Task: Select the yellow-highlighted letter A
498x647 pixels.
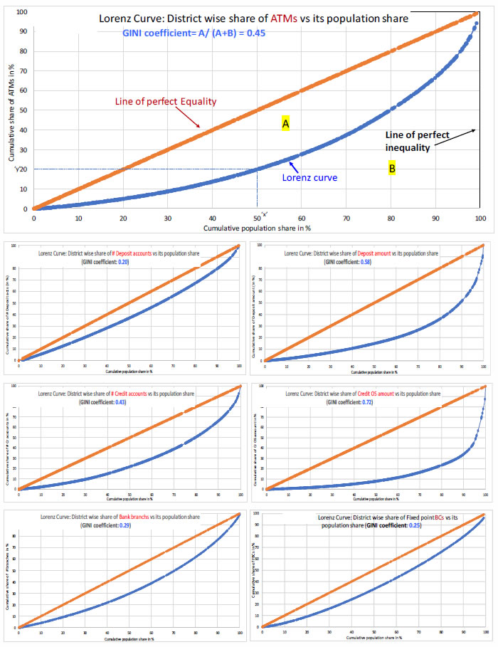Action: pos(285,124)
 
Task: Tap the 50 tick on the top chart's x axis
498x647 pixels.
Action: pos(257,218)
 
